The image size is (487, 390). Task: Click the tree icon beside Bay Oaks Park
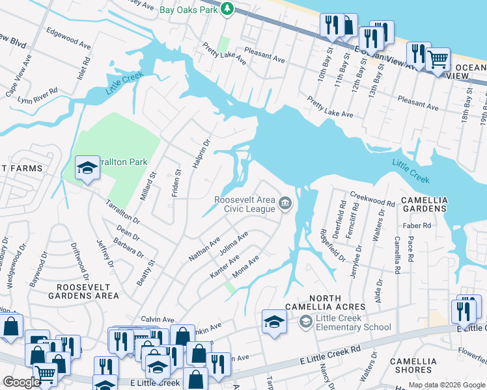227,8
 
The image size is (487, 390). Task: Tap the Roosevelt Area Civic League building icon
285,204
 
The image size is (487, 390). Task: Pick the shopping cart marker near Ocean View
438,59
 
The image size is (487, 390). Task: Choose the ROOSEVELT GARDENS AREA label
88,291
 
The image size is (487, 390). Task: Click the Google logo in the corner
21,382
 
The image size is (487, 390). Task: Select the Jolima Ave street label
234,248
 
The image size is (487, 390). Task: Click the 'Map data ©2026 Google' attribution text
446,385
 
